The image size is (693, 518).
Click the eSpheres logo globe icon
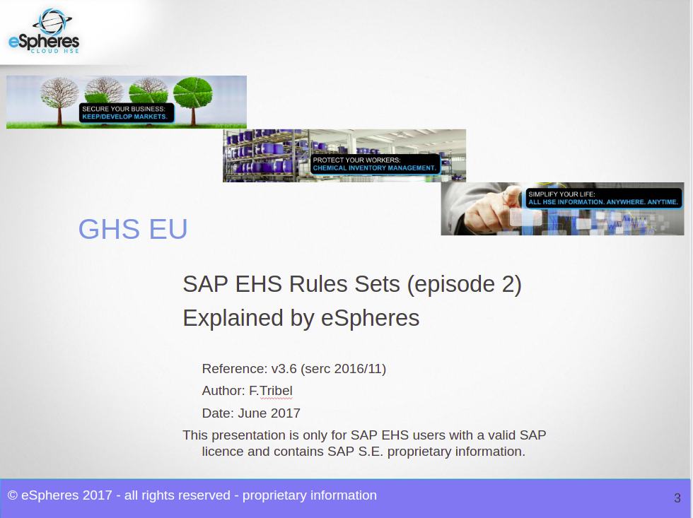coord(52,21)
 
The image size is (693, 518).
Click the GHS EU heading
coord(133,229)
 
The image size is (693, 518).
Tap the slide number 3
coord(677,498)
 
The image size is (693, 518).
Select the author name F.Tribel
coord(270,391)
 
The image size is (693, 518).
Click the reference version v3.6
coord(284,369)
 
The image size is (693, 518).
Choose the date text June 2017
coord(269,413)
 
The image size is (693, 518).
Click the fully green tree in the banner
coord(192,100)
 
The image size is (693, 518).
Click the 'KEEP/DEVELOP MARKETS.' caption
coord(124,117)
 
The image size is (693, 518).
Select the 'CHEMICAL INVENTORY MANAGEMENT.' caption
coord(374,167)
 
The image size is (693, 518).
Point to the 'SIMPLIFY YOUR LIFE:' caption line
coord(561,194)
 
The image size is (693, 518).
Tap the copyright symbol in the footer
coord(13,495)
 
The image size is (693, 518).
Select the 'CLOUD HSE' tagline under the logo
coord(55,51)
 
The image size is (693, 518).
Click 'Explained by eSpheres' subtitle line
coord(301,319)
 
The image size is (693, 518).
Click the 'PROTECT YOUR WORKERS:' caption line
coord(356,160)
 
